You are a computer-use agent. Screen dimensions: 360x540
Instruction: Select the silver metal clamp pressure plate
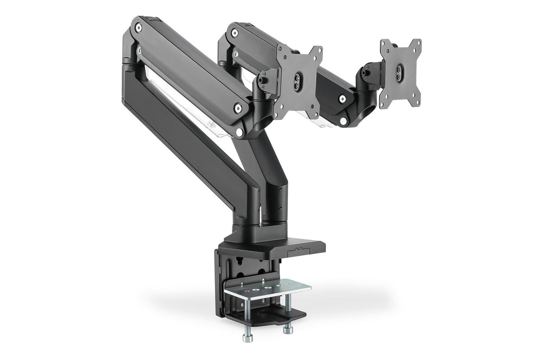(x=267, y=291)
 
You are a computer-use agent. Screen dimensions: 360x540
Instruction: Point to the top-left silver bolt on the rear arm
(x=235, y=33)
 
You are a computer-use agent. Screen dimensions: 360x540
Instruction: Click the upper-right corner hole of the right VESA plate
(x=417, y=43)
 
